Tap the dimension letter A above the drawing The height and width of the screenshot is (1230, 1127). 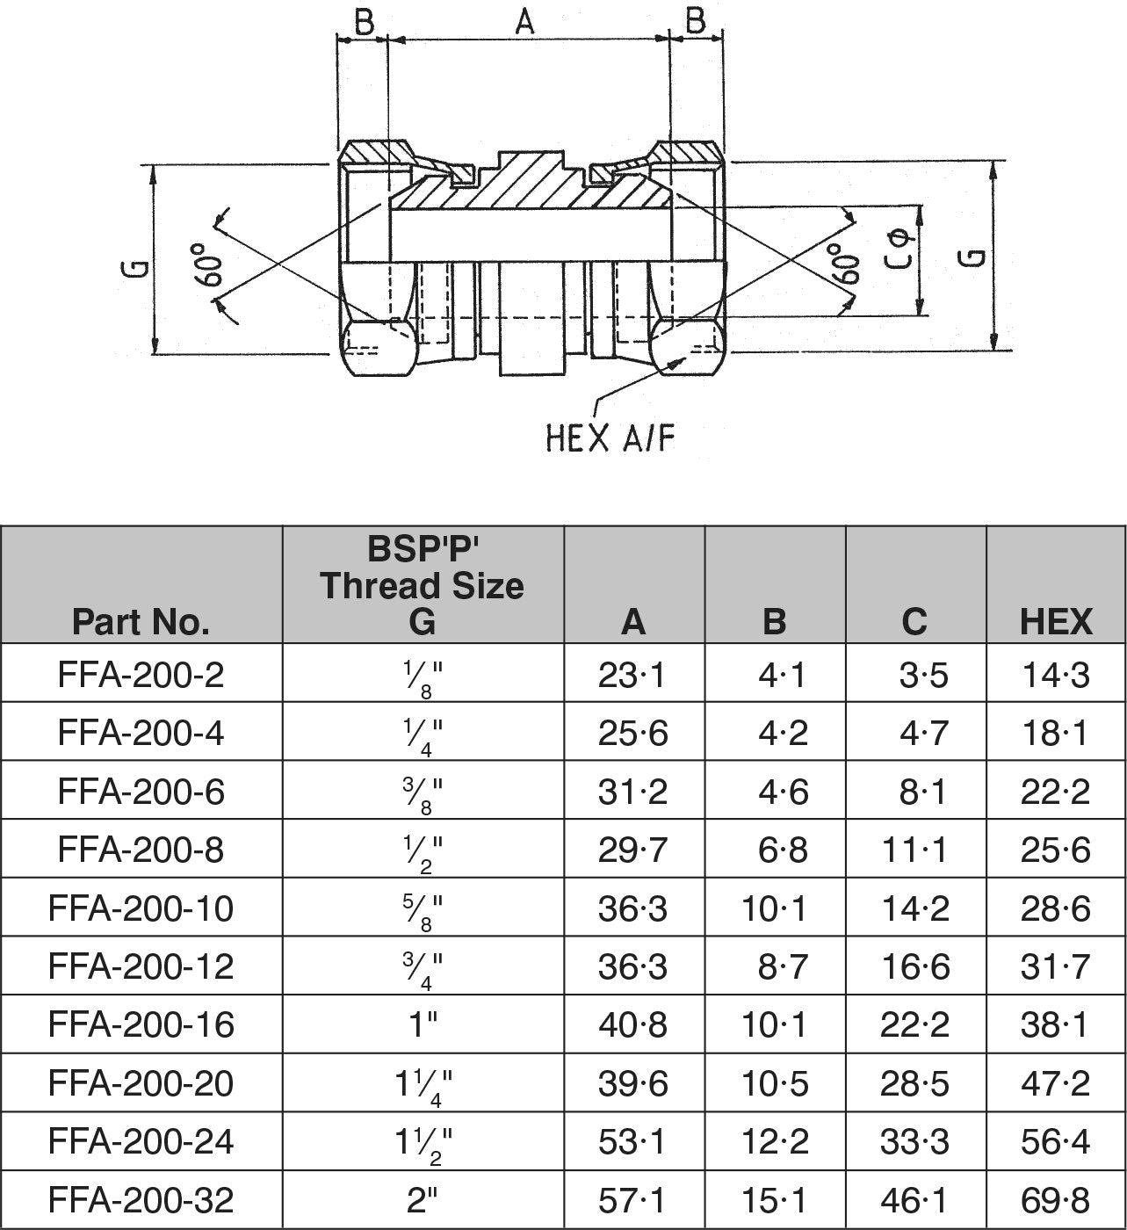pos(524,21)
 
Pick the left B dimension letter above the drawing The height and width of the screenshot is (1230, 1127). pos(362,21)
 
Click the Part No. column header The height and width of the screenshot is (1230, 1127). pos(141,621)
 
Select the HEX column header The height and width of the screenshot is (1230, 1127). pos(1056,621)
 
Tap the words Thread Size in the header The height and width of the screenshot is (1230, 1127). pos(422,585)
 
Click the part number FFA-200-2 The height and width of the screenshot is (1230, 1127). pos(141,675)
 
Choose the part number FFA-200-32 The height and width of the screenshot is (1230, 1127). pos(141,1199)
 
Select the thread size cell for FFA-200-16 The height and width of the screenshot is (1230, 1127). pos(423,1024)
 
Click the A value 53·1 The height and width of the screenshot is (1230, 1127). pos(632,1141)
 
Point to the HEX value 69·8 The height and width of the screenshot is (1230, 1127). pos(1055,1199)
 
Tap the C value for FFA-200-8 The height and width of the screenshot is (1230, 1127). pos(914,850)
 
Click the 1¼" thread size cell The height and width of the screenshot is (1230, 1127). pos(423,1084)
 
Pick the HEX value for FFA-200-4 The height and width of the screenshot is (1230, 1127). pos(1055,733)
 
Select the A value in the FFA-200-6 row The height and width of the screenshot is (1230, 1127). pos(632,792)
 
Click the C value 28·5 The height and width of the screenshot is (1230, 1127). pos(914,1083)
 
